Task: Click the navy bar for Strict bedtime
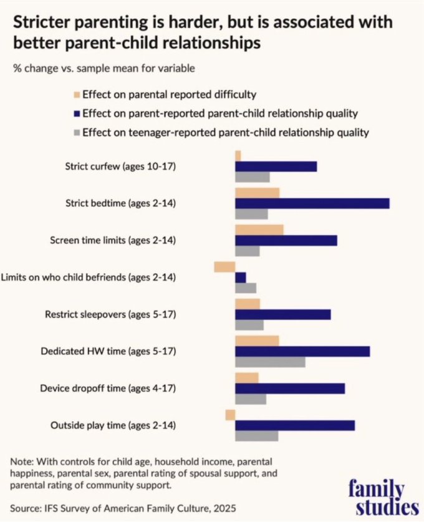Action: tap(312, 203)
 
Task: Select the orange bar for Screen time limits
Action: tap(259, 230)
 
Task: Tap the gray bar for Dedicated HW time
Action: tap(270, 362)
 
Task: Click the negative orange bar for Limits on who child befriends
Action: tap(224, 266)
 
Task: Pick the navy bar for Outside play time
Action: tap(294, 425)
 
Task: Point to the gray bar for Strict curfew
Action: tap(252, 177)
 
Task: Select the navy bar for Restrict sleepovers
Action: tap(282, 314)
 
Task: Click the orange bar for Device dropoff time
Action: tap(246, 378)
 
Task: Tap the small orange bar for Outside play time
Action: tap(230, 415)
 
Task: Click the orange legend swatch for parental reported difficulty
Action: tap(77, 95)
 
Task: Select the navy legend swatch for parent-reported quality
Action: tap(77, 114)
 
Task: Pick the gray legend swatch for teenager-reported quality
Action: tap(77, 132)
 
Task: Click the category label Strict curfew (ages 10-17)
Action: tap(120, 167)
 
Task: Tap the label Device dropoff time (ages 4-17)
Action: tap(108, 388)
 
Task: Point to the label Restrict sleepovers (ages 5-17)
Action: tap(110, 314)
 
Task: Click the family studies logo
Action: tap(382, 496)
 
